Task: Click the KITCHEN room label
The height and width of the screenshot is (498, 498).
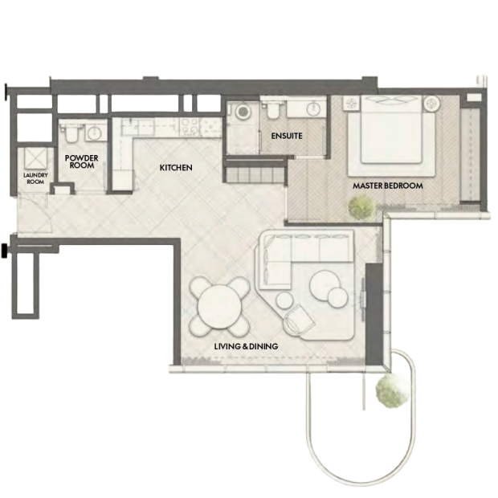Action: (x=176, y=167)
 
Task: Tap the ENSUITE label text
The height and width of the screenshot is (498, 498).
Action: (x=287, y=136)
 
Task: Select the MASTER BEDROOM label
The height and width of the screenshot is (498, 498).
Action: (x=388, y=186)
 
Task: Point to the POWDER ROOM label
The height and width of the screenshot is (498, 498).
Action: (x=82, y=161)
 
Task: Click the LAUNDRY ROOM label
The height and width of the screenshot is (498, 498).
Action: (x=35, y=178)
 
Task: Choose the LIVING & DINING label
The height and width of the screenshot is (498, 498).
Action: (x=246, y=346)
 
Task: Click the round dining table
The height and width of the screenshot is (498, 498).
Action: (x=219, y=307)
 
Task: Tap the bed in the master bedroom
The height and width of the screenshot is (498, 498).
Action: (x=391, y=135)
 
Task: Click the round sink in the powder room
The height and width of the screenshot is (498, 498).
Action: (x=94, y=133)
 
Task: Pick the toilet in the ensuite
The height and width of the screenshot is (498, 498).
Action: (x=272, y=109)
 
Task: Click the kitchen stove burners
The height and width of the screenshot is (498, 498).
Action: (x=190, y=128)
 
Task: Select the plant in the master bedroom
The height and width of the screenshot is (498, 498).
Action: (x=362, y=206)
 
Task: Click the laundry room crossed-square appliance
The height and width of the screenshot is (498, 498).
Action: (x=35, y=159)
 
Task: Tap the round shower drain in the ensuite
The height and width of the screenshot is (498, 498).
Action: (x=243, y=111)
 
